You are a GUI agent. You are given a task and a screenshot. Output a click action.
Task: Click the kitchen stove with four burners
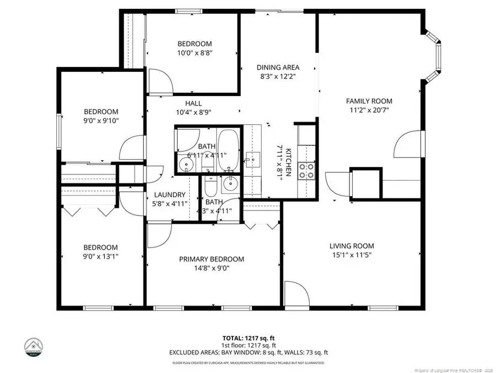coord(306,171)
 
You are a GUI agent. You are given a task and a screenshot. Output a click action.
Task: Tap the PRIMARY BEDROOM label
coord(211,259)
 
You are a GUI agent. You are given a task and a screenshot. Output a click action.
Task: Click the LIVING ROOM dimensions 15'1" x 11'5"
coord(352,256)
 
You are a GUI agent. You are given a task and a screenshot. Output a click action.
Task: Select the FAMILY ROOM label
coord(369,101)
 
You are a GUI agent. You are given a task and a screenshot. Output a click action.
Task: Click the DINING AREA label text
coord(278,67)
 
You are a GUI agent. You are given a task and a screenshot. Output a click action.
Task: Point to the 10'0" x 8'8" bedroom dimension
coord(194,54)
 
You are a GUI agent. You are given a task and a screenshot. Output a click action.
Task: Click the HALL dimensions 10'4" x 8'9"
coord(193,112)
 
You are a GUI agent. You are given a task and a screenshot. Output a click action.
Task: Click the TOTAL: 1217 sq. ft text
coord(248,337)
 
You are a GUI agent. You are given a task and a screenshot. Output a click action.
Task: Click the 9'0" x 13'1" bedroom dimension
coord(101,256)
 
